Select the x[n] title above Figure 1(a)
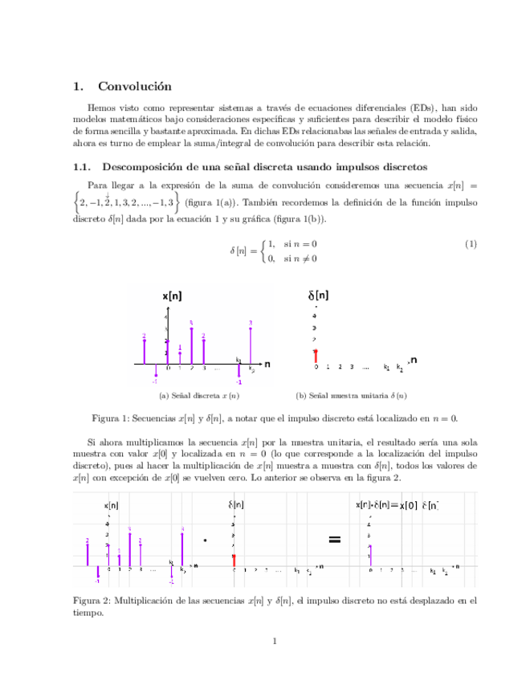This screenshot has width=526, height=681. point(172,296)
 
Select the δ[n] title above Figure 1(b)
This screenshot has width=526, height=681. point(319,296)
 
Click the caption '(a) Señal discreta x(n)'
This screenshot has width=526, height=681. point(199,395)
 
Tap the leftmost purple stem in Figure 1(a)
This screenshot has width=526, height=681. point(144,350)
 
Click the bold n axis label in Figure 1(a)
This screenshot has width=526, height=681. point(267,364)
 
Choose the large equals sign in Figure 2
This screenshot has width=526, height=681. point(335,540)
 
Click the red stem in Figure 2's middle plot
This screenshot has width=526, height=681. point(233,560)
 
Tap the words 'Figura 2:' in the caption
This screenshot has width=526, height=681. point(92,600)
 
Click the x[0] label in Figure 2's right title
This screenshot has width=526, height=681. point(408,506)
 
